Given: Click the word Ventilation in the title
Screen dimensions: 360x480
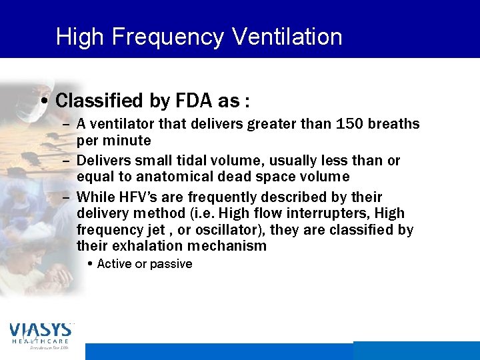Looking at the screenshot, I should [287, 36].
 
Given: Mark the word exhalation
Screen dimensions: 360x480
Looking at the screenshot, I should [143, 246].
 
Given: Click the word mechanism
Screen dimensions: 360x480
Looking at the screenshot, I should [227, 246].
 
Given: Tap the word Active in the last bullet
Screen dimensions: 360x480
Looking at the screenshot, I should [114, 264].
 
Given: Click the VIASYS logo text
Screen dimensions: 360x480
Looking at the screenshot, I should [40, 330].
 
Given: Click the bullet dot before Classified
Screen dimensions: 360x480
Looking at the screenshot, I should [43, 102].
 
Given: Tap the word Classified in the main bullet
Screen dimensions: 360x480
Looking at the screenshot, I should [100, 101].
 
